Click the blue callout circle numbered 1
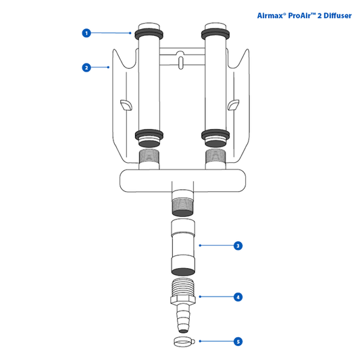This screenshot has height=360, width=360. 86,33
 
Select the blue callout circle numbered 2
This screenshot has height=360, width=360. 86,68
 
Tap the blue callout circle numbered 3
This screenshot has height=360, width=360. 238,246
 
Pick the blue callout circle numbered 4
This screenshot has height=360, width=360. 238,297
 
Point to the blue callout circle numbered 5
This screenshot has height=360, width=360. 238,341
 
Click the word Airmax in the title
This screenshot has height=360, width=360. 270,16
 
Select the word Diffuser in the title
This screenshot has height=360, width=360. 338,16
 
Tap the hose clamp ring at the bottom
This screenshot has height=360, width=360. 184,341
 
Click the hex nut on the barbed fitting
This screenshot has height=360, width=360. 183,299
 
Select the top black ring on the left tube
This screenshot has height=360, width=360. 149,34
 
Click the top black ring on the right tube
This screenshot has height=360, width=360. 215,34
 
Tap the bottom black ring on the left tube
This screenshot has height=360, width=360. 149,135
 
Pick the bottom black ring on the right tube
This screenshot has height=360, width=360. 215,135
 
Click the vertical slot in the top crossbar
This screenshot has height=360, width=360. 181,63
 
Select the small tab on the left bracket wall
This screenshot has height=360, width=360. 126,105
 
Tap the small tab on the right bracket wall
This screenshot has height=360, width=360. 233,105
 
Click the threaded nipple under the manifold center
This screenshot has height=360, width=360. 182,203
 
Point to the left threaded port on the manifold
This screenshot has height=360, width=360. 149,159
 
